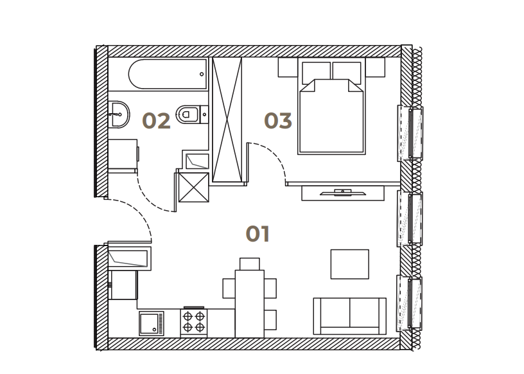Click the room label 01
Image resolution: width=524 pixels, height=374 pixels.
(258, 234)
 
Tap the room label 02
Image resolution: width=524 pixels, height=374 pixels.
(156, 121)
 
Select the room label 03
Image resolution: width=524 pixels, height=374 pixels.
(278, 121)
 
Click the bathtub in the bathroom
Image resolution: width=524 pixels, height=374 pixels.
(168, 75)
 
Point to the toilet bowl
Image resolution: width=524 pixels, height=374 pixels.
(188, 114)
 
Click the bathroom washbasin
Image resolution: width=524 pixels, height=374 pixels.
(119, 114)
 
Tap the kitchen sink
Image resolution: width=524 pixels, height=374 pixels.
(152, 323)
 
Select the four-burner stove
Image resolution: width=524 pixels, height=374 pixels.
(194, 322)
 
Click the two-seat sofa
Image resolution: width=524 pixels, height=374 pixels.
(349, 316)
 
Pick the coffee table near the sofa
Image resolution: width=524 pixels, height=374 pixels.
(349, 264)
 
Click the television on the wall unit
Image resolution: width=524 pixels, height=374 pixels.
(342, 192)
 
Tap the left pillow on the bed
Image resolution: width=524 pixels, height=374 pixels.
(316, 72)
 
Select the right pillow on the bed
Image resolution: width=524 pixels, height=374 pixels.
(347, 72)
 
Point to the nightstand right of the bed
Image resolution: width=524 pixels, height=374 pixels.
(375, 67)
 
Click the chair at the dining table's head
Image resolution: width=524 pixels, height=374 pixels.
(250, 263)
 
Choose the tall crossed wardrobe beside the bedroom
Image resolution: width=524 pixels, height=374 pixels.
(227, 120)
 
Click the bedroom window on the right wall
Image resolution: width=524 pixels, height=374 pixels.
(410, 133)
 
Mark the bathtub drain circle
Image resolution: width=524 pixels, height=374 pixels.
(202, 75)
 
